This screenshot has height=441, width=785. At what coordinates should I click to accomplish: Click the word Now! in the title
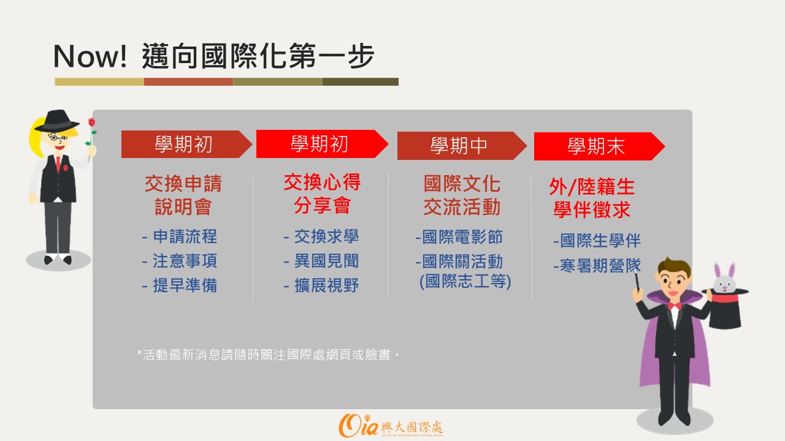[90, 56]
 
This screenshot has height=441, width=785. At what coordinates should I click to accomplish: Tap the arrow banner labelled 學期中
[462, 146]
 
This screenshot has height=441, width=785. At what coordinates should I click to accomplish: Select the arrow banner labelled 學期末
[599, 146]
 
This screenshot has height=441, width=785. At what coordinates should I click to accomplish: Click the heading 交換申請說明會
[183, 195]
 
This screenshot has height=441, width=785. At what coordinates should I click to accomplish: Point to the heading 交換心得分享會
[322, 194]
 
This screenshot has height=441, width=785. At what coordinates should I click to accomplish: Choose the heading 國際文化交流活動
[462, 195]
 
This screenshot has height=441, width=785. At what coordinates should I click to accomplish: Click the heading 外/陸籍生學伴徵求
[592, 198]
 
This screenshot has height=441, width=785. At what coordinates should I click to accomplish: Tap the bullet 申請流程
[180, 236]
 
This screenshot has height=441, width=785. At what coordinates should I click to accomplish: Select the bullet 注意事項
[180, 261]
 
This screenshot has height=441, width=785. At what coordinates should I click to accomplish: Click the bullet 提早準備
[180, 285]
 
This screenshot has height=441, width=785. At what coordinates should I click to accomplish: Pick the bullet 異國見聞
[321, 261]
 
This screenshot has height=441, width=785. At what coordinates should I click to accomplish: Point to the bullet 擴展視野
[321, 285]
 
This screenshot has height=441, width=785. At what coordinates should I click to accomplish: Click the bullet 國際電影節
[459, 237]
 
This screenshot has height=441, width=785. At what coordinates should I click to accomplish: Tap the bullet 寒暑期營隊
[597, 266]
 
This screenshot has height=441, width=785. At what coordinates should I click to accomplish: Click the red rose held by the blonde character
[92, 123]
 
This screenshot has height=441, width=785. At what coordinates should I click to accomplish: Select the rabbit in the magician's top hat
[724, 278]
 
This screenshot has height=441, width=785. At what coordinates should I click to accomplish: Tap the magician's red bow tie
[675, 306]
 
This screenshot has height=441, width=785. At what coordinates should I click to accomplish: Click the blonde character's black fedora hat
[56, 121]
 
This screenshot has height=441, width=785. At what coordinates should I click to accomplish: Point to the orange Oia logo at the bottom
[359, 426]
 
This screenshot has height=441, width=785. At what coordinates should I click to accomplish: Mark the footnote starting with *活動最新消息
[269, 355]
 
